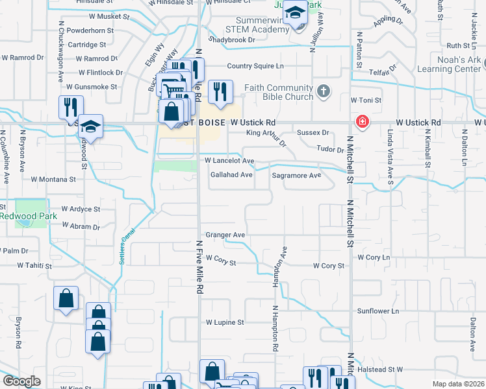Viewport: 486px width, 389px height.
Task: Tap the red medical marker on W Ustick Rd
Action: tap(359, 122)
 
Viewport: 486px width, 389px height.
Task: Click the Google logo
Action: tap(21, 381)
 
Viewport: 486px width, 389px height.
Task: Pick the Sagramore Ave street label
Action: tap(296, 176)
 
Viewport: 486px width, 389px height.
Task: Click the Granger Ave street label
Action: tap(225, 235)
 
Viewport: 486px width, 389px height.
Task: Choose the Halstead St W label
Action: tap(381, 369)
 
